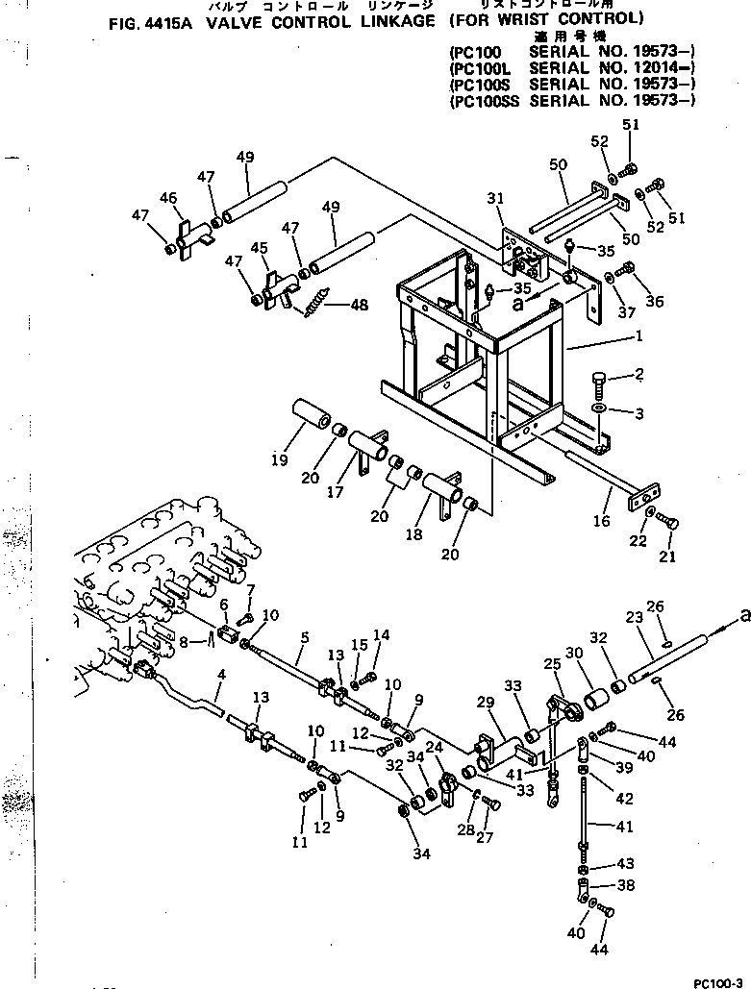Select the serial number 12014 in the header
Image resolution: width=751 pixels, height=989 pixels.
click(x=654, y=68)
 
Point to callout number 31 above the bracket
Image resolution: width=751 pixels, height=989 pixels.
click(x=495, y=197)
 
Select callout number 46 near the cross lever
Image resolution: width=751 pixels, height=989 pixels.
click(x=168, y=198)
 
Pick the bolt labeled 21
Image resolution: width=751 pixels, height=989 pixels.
click(x=670, y=523)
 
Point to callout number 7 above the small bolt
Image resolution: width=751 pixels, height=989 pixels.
click(x=250, y=589)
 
